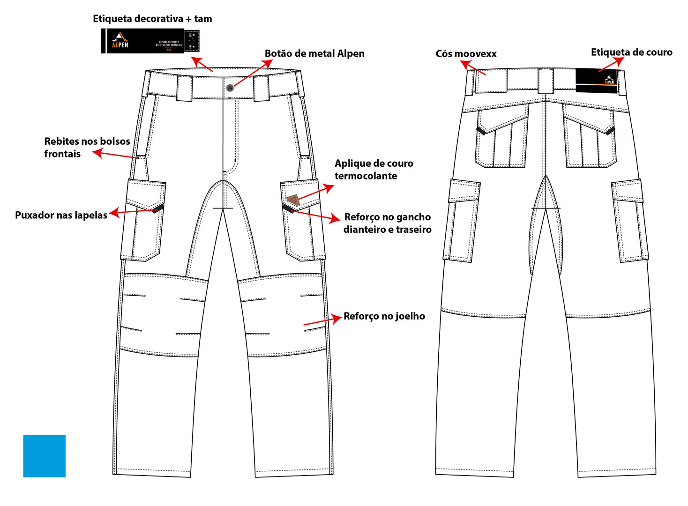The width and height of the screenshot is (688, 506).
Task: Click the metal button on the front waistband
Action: pos(230,88)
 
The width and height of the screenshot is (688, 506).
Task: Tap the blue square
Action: pos(45,456)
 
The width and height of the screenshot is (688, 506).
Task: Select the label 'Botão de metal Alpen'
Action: pos(314,53)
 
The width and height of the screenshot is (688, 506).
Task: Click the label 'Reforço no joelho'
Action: pos(384,316)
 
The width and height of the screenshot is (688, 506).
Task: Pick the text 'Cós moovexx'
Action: pos(466,53)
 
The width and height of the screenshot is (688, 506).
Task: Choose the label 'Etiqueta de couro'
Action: pos(631,52)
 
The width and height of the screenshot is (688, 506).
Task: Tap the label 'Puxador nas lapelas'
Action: pos(61,215)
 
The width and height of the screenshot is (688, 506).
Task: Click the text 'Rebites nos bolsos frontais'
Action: pos(87,148)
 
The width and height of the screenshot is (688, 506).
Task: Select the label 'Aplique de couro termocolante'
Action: pos(374,170)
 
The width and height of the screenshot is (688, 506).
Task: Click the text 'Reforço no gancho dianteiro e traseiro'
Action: pos(387,223)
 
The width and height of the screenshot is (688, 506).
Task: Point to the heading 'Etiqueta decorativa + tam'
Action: pos(152,19)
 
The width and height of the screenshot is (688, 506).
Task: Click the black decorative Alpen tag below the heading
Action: pos(150,41)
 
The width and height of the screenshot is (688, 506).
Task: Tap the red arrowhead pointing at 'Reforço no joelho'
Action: pos(337,318)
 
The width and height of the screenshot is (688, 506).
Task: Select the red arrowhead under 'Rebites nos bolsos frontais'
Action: pos(97,152)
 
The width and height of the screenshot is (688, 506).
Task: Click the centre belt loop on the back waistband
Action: pos(546,81)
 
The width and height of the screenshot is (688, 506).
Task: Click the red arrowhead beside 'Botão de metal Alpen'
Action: pos(269,63)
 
